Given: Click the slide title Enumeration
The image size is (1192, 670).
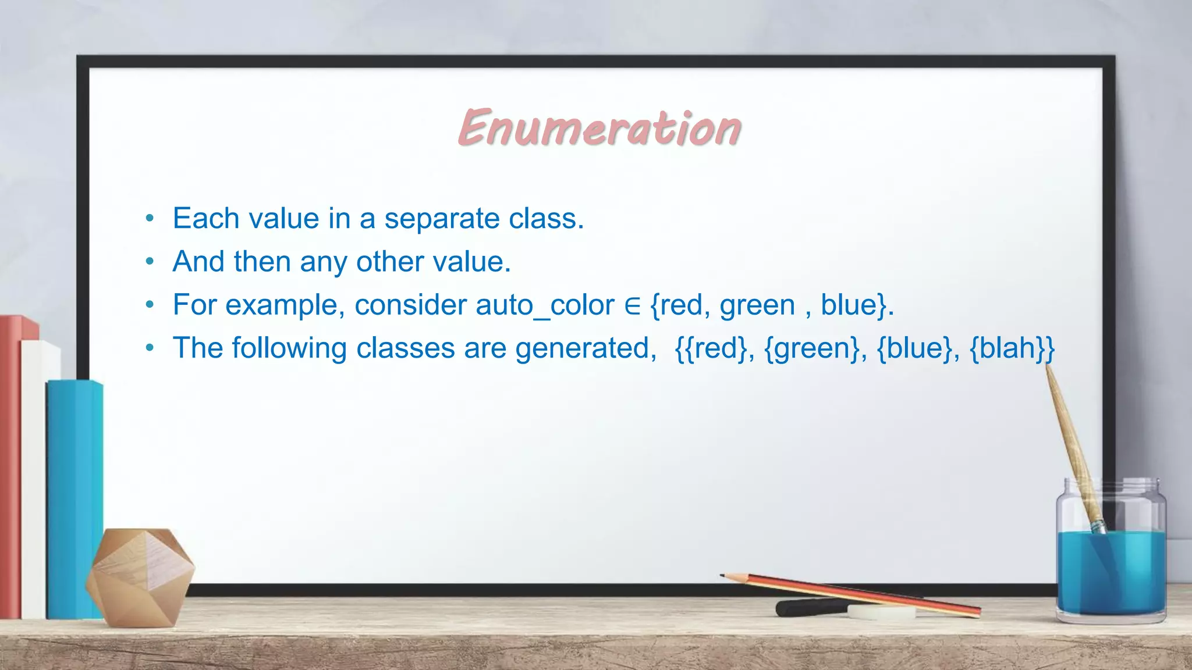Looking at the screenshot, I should pos(599,127).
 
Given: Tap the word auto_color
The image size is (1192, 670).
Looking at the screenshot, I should pos(545,305).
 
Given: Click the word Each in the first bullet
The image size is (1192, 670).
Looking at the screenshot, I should pos(206,219).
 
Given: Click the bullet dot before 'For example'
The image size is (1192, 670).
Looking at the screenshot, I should pos(150,305).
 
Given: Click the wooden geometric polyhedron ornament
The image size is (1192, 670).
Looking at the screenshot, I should pos(140,576).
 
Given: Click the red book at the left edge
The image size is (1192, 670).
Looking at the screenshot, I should pos(10,465).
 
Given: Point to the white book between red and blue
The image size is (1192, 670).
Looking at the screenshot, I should pos(34,477).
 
